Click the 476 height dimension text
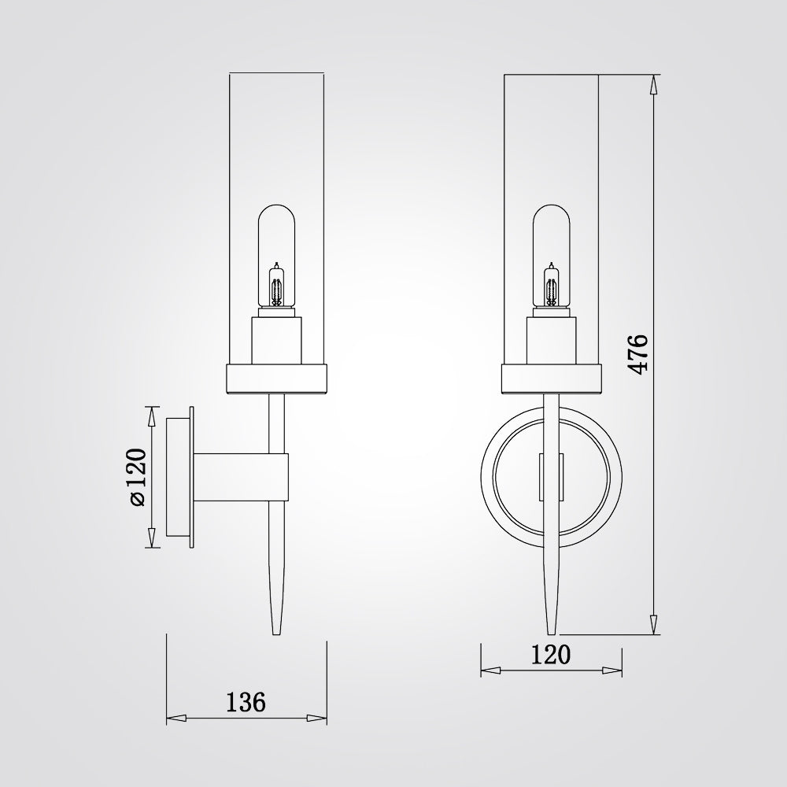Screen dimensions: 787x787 click(638, 353)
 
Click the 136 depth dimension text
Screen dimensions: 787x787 click(246, 702)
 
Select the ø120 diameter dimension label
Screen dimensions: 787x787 click(137, 477)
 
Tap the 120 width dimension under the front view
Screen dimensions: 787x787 click(551, 655)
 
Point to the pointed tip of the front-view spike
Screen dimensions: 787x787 click(552, 634)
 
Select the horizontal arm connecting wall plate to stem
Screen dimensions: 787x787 click(241, 478)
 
